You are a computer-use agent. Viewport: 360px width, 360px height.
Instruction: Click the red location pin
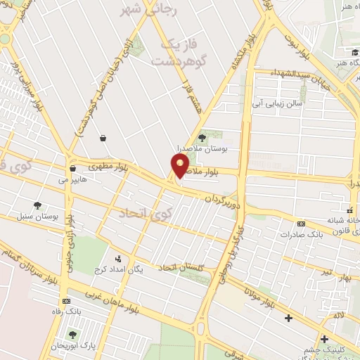click(x=180, y=165)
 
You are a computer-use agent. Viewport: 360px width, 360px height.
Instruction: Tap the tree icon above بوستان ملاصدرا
click(x=202, y=138)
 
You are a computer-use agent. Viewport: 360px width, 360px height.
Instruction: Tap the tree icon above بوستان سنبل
click(x=37, y=204)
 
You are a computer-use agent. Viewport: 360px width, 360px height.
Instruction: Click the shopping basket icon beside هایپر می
click(x=72, y=169)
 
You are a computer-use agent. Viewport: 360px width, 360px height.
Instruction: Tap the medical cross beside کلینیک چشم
click(x=323, y=339)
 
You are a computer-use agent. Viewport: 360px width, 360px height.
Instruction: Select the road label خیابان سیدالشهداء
click(x=309, y=77)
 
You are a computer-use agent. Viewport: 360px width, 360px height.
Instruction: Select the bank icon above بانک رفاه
click(x=66, y=301)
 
